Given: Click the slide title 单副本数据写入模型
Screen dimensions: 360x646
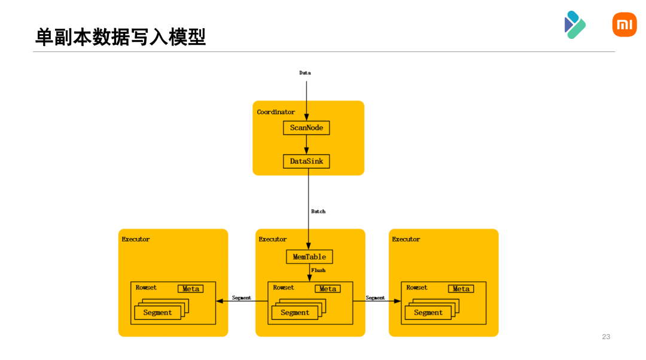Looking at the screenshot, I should tap(120, 37).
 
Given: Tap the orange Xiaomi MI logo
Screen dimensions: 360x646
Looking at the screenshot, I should tap(624, 25).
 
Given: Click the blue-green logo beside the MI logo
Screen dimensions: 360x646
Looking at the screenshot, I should tap(574, 25).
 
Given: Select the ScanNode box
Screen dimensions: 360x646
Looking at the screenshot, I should tap(306, 128).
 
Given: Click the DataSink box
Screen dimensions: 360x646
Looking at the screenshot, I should tap(306, 161).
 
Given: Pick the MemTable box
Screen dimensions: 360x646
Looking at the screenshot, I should tap(309, 257).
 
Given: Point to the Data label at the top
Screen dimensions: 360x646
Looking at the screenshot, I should tap(305, 73).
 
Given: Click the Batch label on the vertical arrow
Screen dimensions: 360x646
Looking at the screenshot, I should tap(318, 212).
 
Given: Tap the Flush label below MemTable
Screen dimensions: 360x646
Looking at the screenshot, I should tap(318, 270).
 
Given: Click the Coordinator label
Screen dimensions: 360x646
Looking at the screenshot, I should tap(276, 112).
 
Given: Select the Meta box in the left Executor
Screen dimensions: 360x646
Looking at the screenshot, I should tap(191, 289).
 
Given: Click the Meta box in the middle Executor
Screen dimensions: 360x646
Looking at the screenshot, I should tap(328, 289).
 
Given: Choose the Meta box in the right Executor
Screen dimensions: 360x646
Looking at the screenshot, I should tap(461, 289).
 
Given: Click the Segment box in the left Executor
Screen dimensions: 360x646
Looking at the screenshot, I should tap(157, 313).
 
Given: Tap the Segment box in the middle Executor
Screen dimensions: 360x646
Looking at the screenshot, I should tap(295, 313).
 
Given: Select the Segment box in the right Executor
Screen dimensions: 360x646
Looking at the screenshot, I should tap(428, 313).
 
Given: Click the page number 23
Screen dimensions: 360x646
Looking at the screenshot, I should tap(606, 337).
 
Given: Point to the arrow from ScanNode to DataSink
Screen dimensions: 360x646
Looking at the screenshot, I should tap(306, 144).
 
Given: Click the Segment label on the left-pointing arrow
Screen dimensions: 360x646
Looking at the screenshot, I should tap(242, 298).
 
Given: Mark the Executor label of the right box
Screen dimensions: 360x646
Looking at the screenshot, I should tap(406, 239).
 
